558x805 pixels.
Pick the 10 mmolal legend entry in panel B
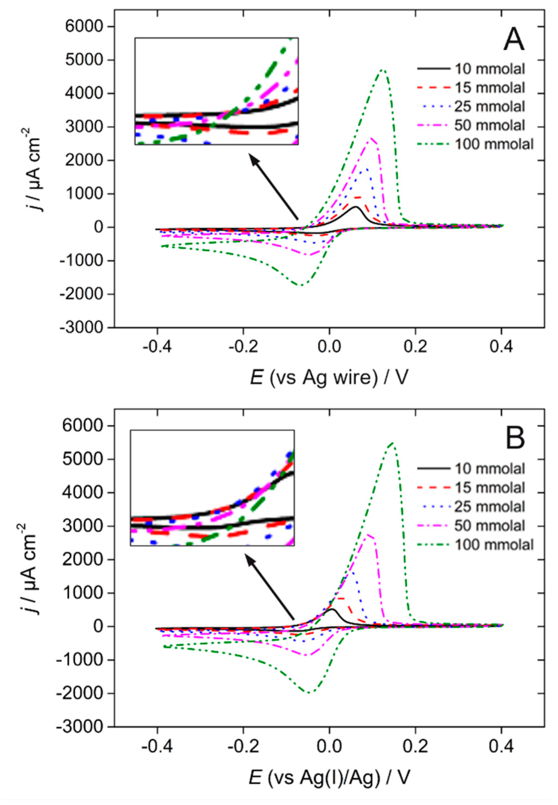click(x=489, y=468)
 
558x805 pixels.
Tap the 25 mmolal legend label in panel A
click(x=489, y=106)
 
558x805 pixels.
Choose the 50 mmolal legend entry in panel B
click(x=489, y=525)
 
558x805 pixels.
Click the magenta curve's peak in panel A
click(x=371, y=138)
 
